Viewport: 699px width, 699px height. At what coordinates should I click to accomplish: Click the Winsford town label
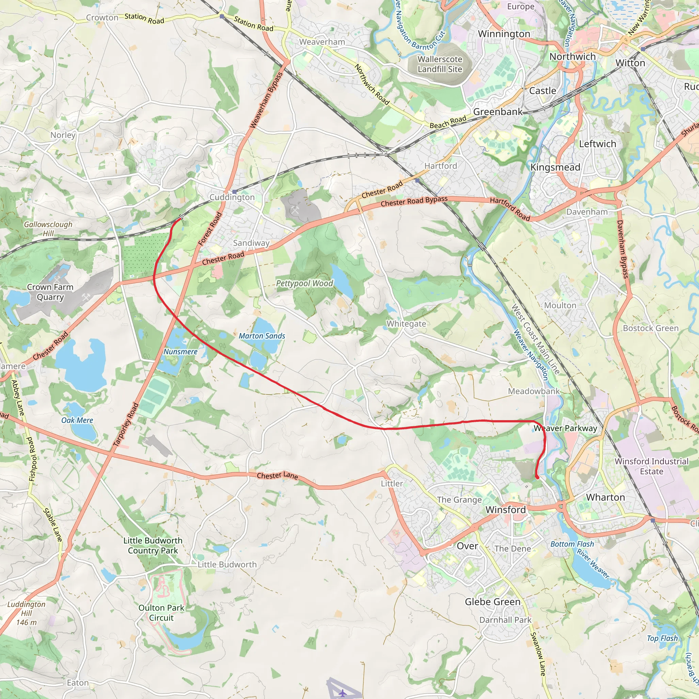click(505, 510)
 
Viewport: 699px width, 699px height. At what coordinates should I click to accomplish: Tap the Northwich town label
click(572, 57)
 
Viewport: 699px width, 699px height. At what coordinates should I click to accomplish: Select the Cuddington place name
click(232, 197)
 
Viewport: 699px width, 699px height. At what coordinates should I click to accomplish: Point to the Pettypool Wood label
click(304, 283)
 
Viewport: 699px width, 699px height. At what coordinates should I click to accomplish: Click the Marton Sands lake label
click(262, 336)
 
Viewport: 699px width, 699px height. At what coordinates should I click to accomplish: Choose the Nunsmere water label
click(180, 352)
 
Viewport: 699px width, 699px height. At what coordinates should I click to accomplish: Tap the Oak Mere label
click(77, 420)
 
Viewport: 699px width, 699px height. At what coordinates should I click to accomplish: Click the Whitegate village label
click(406, 324)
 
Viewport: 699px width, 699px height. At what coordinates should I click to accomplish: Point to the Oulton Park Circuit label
click(161, 613)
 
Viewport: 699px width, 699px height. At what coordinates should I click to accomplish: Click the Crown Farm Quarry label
click(50, 292)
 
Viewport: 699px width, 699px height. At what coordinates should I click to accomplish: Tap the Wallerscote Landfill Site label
click(440, 64)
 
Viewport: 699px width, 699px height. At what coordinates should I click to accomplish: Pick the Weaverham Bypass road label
click(266, 100)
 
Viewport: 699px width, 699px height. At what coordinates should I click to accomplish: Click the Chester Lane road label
click(277, 475)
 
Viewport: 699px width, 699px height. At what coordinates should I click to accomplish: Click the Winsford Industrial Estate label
click(651, 466)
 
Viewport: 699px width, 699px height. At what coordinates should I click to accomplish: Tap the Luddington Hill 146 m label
click(26, 613)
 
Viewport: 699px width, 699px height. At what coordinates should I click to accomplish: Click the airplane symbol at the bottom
click(342, 693)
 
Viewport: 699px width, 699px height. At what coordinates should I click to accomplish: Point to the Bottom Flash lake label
click(572, 544)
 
